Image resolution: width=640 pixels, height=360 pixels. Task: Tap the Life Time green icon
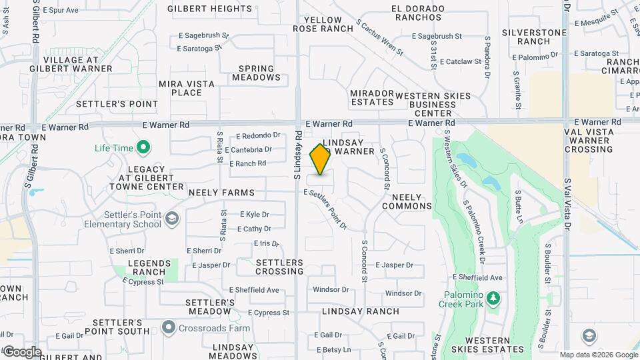click(x=142, y=147)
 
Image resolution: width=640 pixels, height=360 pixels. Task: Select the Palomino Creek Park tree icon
click(x=493, y=297)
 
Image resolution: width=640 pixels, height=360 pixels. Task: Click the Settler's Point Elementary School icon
click(x=172, y=219)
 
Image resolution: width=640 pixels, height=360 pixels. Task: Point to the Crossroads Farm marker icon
click(x=167, y=328)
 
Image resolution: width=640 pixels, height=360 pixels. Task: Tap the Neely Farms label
click(x=212, y=193)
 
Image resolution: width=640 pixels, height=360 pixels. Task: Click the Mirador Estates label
click(x=372, y=97)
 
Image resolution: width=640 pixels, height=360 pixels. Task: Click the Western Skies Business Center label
click(x=433, y=104)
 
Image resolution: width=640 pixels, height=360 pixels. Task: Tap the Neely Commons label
click(x=407, y=201)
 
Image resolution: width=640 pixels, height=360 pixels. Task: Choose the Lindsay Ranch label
click(x=361, y=311)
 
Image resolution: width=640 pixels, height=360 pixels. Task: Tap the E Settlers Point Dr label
click(x=326, y=208)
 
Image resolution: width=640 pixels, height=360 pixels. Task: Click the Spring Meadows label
click(x=257, y=73)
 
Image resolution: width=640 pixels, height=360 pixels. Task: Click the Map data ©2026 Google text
click(x=599, y=355)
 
